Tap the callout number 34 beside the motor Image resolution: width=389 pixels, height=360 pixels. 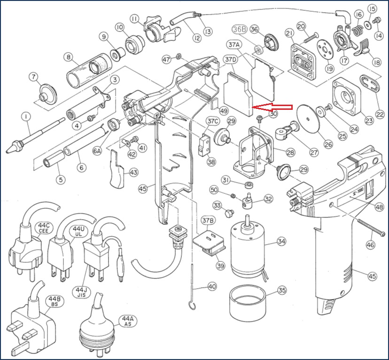(281, 242)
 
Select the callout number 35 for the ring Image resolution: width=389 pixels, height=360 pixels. (282, 291)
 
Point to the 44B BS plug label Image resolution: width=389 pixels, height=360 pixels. (52, 301)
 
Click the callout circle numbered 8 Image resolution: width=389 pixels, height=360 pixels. (69, 58)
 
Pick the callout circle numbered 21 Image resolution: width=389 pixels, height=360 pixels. (289, 32)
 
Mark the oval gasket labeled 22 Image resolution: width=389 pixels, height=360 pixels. (370, 84)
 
